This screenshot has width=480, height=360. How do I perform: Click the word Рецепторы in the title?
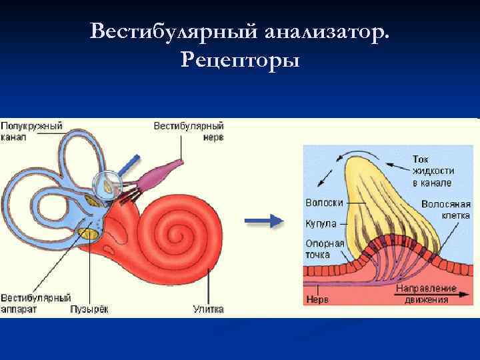pyautogui.click(x=240, y=61)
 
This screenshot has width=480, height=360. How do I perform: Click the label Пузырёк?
pyautogui.click(x=89, y=309)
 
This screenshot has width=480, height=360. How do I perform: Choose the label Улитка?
pyautogui.click(x=208, y=309)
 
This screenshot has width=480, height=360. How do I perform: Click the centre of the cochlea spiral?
pyautogui.click(x=179, y=234)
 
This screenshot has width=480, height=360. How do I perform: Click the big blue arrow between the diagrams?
pyautogui.click(x=264, y=221)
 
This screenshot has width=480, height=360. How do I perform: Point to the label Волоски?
pyautogui.click(x=324, y=202)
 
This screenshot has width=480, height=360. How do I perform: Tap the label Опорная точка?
pyautogui.click(x=324, y=249)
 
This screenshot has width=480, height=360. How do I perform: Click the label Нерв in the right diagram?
pyautogui.click(x=317, y=300)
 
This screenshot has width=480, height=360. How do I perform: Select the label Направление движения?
pyautogui.click(x=426, y=295)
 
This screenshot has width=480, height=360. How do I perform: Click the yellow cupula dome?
pyautogui.click(x=380, y=193)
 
